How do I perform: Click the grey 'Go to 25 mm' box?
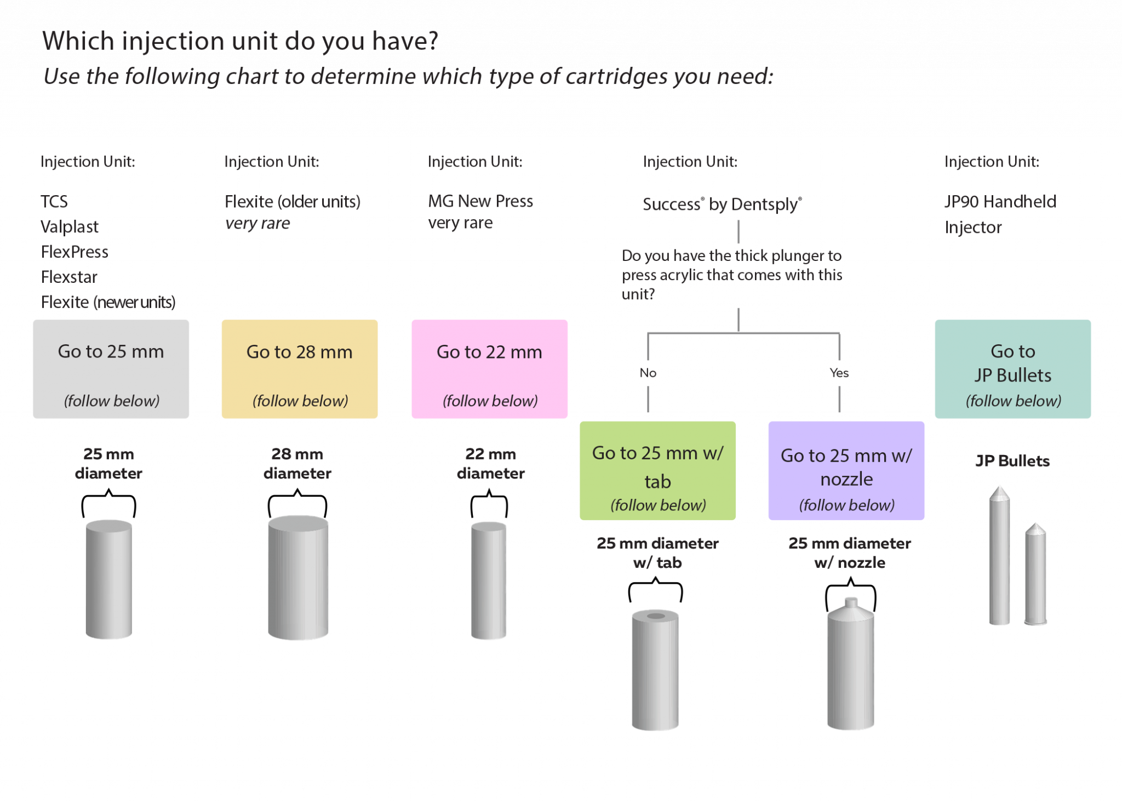coord(111,369)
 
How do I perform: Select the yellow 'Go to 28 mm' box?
coord(300,369)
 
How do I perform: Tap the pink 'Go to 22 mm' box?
coord(489,369)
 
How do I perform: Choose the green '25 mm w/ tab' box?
coord(657,470)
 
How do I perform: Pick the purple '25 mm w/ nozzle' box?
coord(846,470)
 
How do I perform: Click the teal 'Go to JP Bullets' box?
coord(1013,369)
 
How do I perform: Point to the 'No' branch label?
coord(648,373)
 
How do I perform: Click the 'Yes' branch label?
coord(839,373)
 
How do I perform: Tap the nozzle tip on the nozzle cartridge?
coord(851,602)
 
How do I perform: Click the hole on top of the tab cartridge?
coord(656,616)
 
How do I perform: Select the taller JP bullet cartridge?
coord(999,556)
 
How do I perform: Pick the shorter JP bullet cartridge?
coord(1035,576)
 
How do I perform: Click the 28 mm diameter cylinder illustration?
coord(298,578)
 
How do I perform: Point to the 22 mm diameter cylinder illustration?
coord(489,581)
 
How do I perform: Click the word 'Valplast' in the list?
coord(70,227)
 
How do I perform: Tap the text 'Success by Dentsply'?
coord(722,204)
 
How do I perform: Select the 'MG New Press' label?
coord(480,201)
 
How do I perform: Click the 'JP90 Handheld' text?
coord(1000,202)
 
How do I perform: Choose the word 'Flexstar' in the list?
coord(69,277)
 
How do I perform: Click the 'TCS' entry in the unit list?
coord(54,201)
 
